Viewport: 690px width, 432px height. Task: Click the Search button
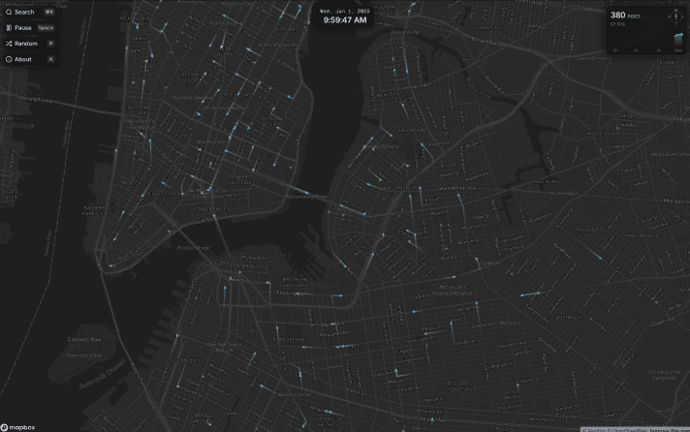tap(23, 12)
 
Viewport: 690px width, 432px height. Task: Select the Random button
tap(25, 44)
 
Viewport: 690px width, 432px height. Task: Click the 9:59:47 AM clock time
tap(345, 19)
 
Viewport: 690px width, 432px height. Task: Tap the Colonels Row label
tap(83, 339)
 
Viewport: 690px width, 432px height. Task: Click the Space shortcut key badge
tap(46, 28)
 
